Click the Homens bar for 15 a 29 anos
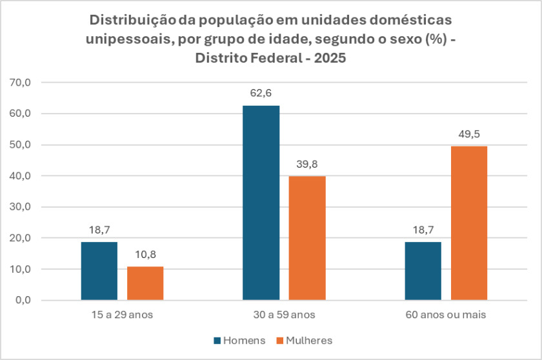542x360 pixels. pyautogui.click(x=99, y=271)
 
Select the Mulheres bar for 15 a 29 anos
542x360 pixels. pyautogui.click(x=145, y=283)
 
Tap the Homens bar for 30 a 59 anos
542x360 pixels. pyautogui.click(x=261, y=203)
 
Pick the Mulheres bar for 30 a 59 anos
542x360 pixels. pyautogui.click(x=307, y=238)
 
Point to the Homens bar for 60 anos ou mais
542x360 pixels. pyautogui.click(x=423, y=271)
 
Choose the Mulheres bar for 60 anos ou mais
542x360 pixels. pyautogui.click(x=469, y=223)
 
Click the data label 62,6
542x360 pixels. pyautogui.click(x=261, y=93)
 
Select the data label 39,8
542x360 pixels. pyautogui.click(x=307, y=164)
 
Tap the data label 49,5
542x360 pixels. pyautogui.click(x=469, y=134)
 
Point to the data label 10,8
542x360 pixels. pyautogui.click(x=145, y=254)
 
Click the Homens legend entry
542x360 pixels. pyautogui.click(x=239, y=340)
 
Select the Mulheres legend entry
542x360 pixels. pyautogui.click(x=304, y=340)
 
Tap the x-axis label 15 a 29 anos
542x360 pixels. pyautogui.click(x=122, y=315)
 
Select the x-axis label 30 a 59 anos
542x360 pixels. pyautogui.click(x=284, y=315)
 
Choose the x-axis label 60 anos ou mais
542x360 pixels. pyautogui.click(x=446, y=315)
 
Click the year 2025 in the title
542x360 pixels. pyautogui.click(x=327, y=58)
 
